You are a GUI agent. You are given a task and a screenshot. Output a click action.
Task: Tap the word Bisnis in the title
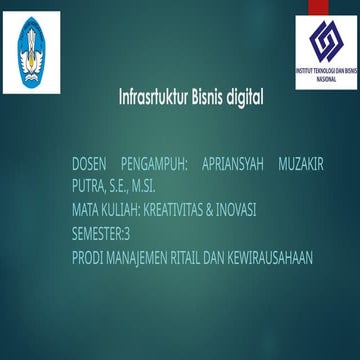(x=205, y=100)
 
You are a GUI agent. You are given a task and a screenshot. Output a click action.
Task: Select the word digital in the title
(x=245, y=100)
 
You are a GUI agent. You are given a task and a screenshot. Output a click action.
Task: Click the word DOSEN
(x=89, y=163)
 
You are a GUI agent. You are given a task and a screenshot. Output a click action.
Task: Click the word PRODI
(x=87, y=258)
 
